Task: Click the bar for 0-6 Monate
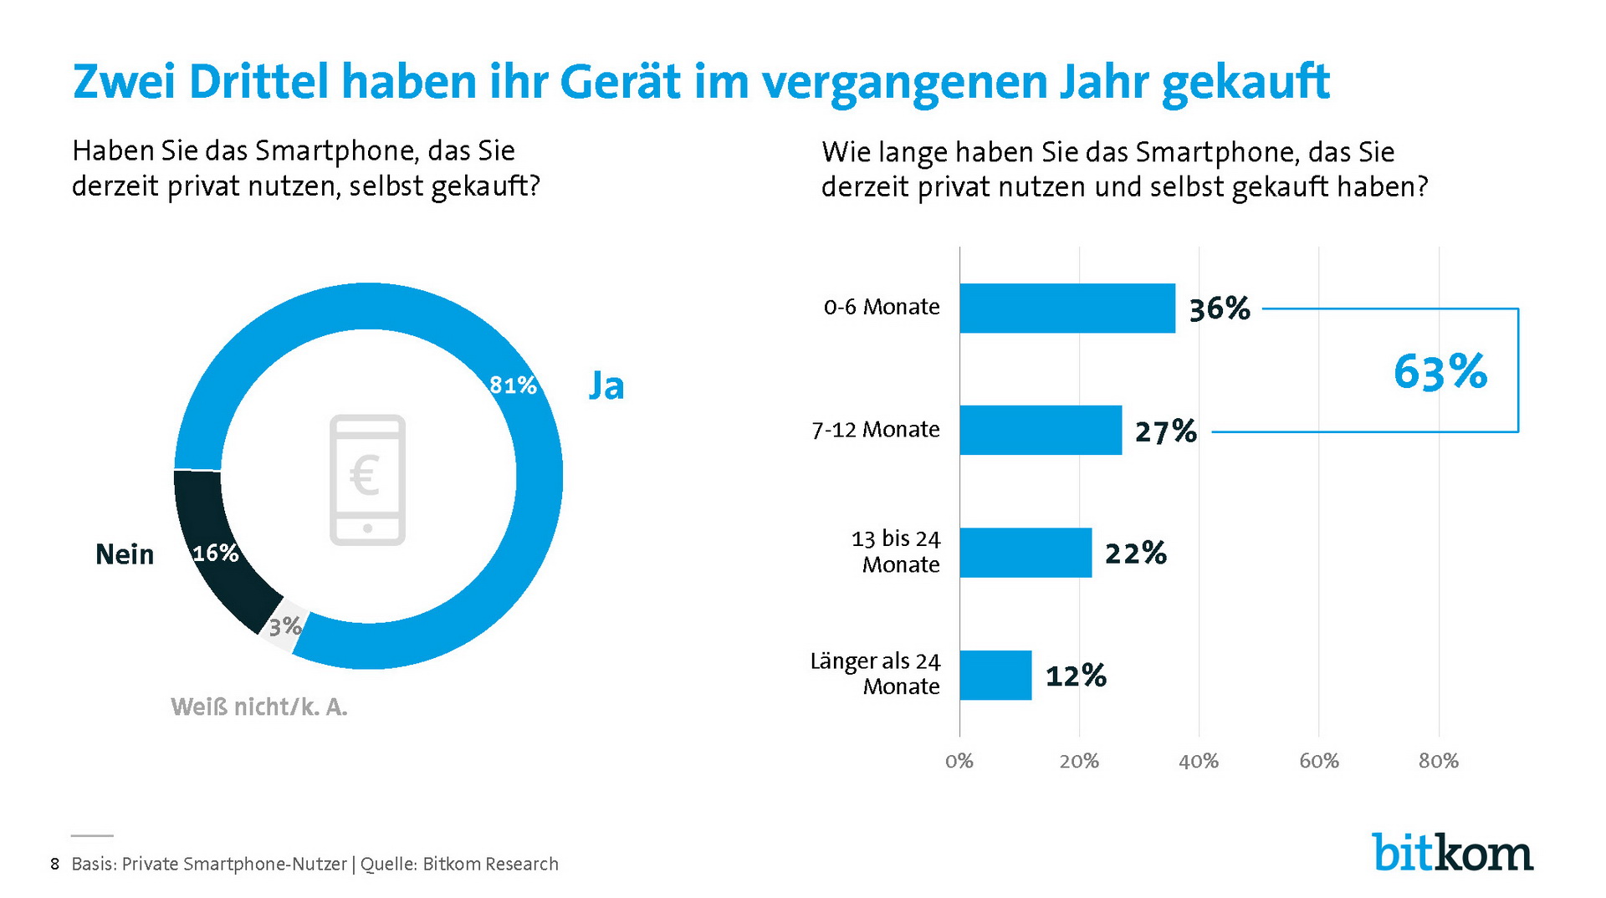[x=1066, y=309]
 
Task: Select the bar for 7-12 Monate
[x=1040, y=431]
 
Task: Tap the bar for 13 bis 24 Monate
[x=1025, y=553]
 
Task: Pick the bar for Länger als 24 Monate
[x=995, y=675]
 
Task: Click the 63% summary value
[x=1440, y=372]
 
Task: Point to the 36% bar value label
[x=1219, y=309]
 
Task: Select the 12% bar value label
[x=1076, y=676]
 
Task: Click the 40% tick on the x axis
[x=1198, y=762]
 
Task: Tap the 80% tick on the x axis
[x=1438, y=762]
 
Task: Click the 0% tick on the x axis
[x=959, y=762]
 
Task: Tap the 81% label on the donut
[x=512, y=385]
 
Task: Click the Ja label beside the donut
[x=606, y=385]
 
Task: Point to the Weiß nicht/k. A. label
[x=258, y=707]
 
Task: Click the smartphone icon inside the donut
[x=367, y=480]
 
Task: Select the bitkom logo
[x=1451, y=852]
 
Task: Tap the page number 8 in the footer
[x=55, y=865]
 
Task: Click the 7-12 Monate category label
[x=875, y=430]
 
